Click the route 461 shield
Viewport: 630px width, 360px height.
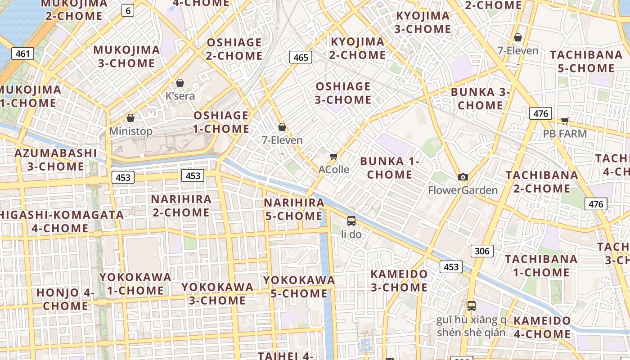click(22, 54)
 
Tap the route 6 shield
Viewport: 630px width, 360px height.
click(128, 10)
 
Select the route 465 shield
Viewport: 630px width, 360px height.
click(301, 57)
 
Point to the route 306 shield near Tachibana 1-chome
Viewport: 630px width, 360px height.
click(482, 251)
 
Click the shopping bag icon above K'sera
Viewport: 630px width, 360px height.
click(180, 83)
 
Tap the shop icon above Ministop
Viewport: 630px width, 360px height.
click(130, 118)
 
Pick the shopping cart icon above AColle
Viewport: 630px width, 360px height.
click(333, 156)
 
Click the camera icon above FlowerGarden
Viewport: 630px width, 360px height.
click(463, 177)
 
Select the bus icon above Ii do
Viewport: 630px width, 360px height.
click(351, 221)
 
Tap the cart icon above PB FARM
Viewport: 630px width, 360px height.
click(565, 121)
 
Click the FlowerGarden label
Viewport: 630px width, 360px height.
click(463, 190)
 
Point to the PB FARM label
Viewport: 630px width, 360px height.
click(565, 134)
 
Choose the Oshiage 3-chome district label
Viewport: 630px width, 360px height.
click(343, 93)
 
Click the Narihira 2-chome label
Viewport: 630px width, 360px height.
click(181, 206)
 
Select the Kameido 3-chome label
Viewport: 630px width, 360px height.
click(399, 280)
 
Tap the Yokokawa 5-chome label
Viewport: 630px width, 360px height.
click(299, 287)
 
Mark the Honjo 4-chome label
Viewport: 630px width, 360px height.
click(66, 299)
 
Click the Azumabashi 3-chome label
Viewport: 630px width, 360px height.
click(56, 160)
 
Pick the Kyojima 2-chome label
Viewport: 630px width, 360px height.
click(358, 49)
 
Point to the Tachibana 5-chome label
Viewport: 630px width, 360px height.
click(585, 62)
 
